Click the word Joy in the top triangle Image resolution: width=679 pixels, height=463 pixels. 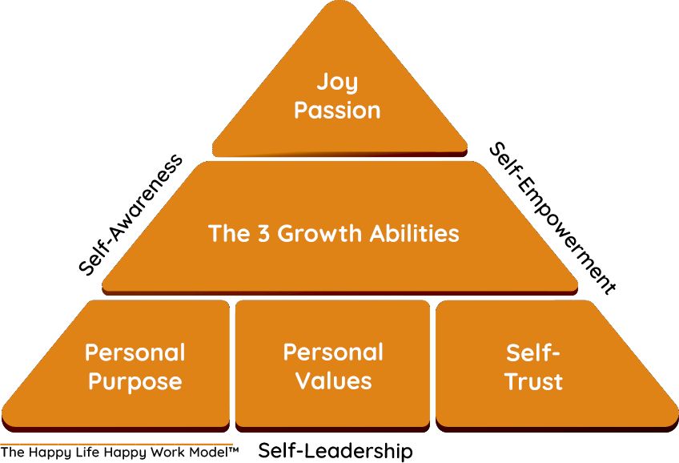(x=337, y=82)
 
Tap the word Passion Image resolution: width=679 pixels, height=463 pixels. (x=337, y=110)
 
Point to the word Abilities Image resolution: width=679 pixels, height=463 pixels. (x=415, y=233)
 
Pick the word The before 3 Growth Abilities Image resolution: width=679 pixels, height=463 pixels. (x=227, y=233)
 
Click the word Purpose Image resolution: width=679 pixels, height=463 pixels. (x=135, y=381)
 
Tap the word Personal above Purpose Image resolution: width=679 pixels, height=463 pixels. (x=135, y=352)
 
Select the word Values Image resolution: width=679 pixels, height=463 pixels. (x=334, y=380)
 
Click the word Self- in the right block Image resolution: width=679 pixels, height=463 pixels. (x=534, y=352)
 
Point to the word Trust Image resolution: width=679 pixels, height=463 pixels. (x=534, y=381)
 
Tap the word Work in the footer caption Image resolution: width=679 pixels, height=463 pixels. (x=155, y=453)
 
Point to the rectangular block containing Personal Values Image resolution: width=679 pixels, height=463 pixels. (x=332, y=401)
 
